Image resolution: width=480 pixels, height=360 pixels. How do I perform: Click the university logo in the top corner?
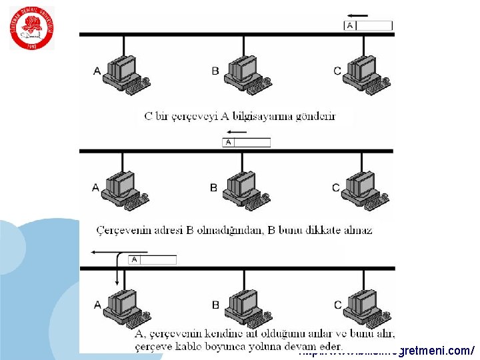32,28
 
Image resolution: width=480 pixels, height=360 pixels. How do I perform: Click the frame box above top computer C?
368,26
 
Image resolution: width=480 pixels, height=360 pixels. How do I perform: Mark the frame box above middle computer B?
246,142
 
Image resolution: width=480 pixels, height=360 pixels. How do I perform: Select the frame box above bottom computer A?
153,259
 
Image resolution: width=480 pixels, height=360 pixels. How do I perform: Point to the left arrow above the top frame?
357,15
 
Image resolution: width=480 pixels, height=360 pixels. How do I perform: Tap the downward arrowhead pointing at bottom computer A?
117,281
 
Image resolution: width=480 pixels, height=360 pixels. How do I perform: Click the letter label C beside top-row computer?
337,71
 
